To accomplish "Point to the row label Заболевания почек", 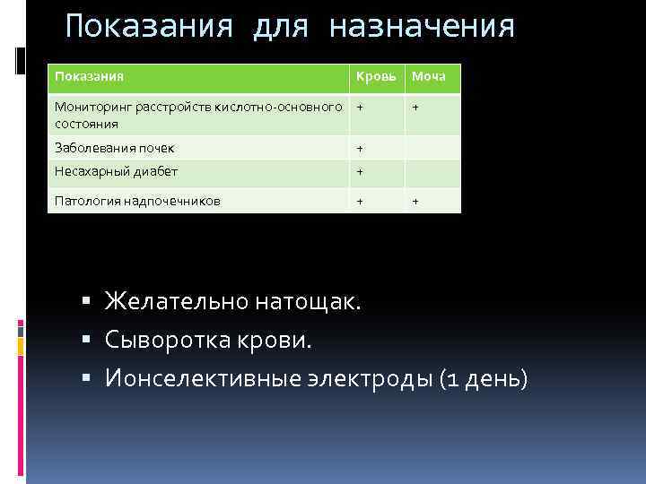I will coord(115,148).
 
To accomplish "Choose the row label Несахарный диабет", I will coord(117,171).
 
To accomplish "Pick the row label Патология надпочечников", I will coord(137,201).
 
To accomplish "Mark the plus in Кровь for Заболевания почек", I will coord(360,149).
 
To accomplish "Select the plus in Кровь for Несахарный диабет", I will coord(360,172).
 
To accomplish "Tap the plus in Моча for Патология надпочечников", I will coord(415,201).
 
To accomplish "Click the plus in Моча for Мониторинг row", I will coord(415,108).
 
